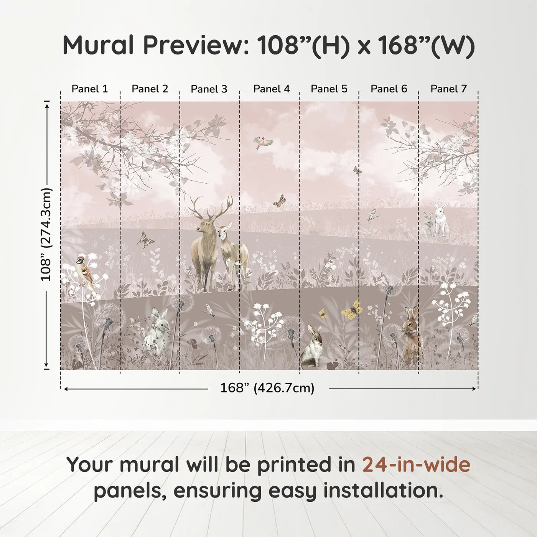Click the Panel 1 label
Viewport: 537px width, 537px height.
click(90, 89)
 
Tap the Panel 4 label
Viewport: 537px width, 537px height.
click(271, 89)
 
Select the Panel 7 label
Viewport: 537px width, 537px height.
click(448, 89)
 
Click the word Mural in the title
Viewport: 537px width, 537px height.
click(98, 45)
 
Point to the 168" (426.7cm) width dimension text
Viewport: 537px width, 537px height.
click(267, 388)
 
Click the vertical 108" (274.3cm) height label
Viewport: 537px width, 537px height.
click(46, 234)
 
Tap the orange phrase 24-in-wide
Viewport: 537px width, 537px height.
click(416, 465)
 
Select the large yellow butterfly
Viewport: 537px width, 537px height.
click(353, 310)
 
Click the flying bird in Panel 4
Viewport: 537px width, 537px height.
click(263, 143)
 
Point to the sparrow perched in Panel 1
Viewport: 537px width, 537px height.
click(86, 271)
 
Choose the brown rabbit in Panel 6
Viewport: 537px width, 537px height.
click(412, 333)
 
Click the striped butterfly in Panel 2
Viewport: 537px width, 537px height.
click(146, 240)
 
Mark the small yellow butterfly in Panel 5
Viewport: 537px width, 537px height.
click(323, 314)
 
